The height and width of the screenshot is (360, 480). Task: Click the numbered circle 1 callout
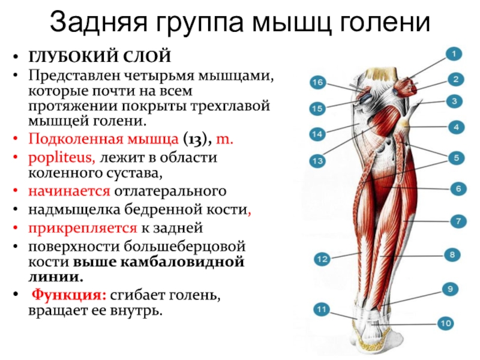(x=454, y=55)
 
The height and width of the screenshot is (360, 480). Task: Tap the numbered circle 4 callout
(x=456, y=127)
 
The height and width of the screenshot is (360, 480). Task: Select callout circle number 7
(x=457, y=221)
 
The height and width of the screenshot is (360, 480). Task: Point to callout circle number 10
(x=445, y=324)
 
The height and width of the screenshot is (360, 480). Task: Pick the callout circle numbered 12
(x=322, y=259)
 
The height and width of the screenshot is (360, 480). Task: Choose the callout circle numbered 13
(x=317, y=161)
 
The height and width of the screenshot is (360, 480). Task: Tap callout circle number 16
(x=317, y=82)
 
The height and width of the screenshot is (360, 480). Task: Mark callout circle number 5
(x=456, y=158)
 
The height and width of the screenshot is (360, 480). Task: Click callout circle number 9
(x=448, y=289)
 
